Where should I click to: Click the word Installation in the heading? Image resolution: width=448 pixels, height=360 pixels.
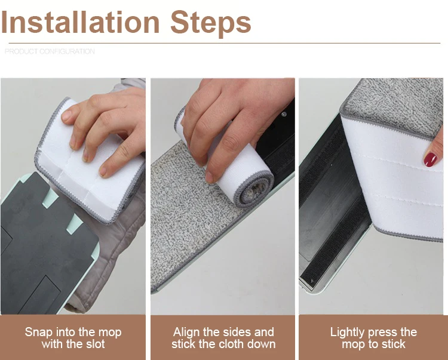[80, 22]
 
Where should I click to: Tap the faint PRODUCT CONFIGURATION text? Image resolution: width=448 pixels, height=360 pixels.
[50, 51]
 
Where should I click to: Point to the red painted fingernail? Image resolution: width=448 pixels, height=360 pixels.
[429, 159]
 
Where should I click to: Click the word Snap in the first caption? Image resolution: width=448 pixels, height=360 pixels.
[39, 333]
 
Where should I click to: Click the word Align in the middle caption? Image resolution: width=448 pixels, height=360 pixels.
[186, 333]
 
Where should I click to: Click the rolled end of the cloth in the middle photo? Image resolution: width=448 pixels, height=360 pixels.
[253, 189]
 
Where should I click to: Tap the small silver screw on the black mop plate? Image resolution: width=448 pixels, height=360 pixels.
[283, 114]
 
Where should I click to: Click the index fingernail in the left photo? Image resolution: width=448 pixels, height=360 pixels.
[66, 115]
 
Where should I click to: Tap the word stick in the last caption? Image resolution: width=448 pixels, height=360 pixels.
[394, 344]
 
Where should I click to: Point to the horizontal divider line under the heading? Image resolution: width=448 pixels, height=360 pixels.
[224, 44]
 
